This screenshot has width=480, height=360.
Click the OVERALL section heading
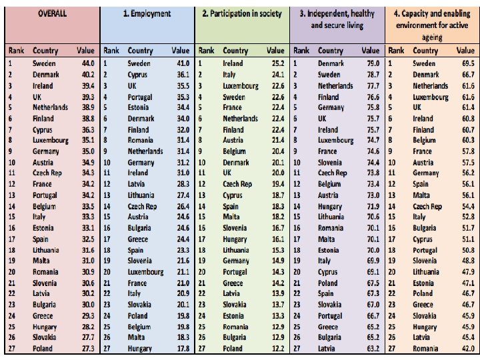(52, 13)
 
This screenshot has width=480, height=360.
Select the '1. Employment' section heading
(147, 13)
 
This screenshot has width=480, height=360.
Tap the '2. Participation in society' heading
(242, 13)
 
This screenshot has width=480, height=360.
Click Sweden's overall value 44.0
(88, 63)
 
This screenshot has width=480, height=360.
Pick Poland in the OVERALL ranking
(43, 349)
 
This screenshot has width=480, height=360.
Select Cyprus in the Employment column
(137, 75)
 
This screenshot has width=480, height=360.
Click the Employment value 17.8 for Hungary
(183, 349)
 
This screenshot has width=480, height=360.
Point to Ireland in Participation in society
(233, 63)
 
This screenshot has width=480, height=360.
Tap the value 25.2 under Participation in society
(278, 63)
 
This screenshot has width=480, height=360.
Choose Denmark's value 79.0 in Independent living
(373, 63)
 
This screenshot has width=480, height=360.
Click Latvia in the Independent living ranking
(326, 349)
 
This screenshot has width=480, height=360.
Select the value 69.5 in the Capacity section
(469, 63)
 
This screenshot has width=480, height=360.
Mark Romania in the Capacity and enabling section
(425, 349)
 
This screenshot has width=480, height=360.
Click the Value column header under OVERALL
(86, 51)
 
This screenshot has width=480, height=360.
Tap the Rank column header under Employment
(111, 51)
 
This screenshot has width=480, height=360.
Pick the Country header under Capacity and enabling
(425, 51)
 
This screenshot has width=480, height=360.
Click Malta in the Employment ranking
(136, 337)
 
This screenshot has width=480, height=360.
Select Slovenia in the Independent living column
(330, 162)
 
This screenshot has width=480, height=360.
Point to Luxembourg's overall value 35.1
(88, 140)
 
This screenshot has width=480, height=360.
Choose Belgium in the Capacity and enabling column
(424, 140)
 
